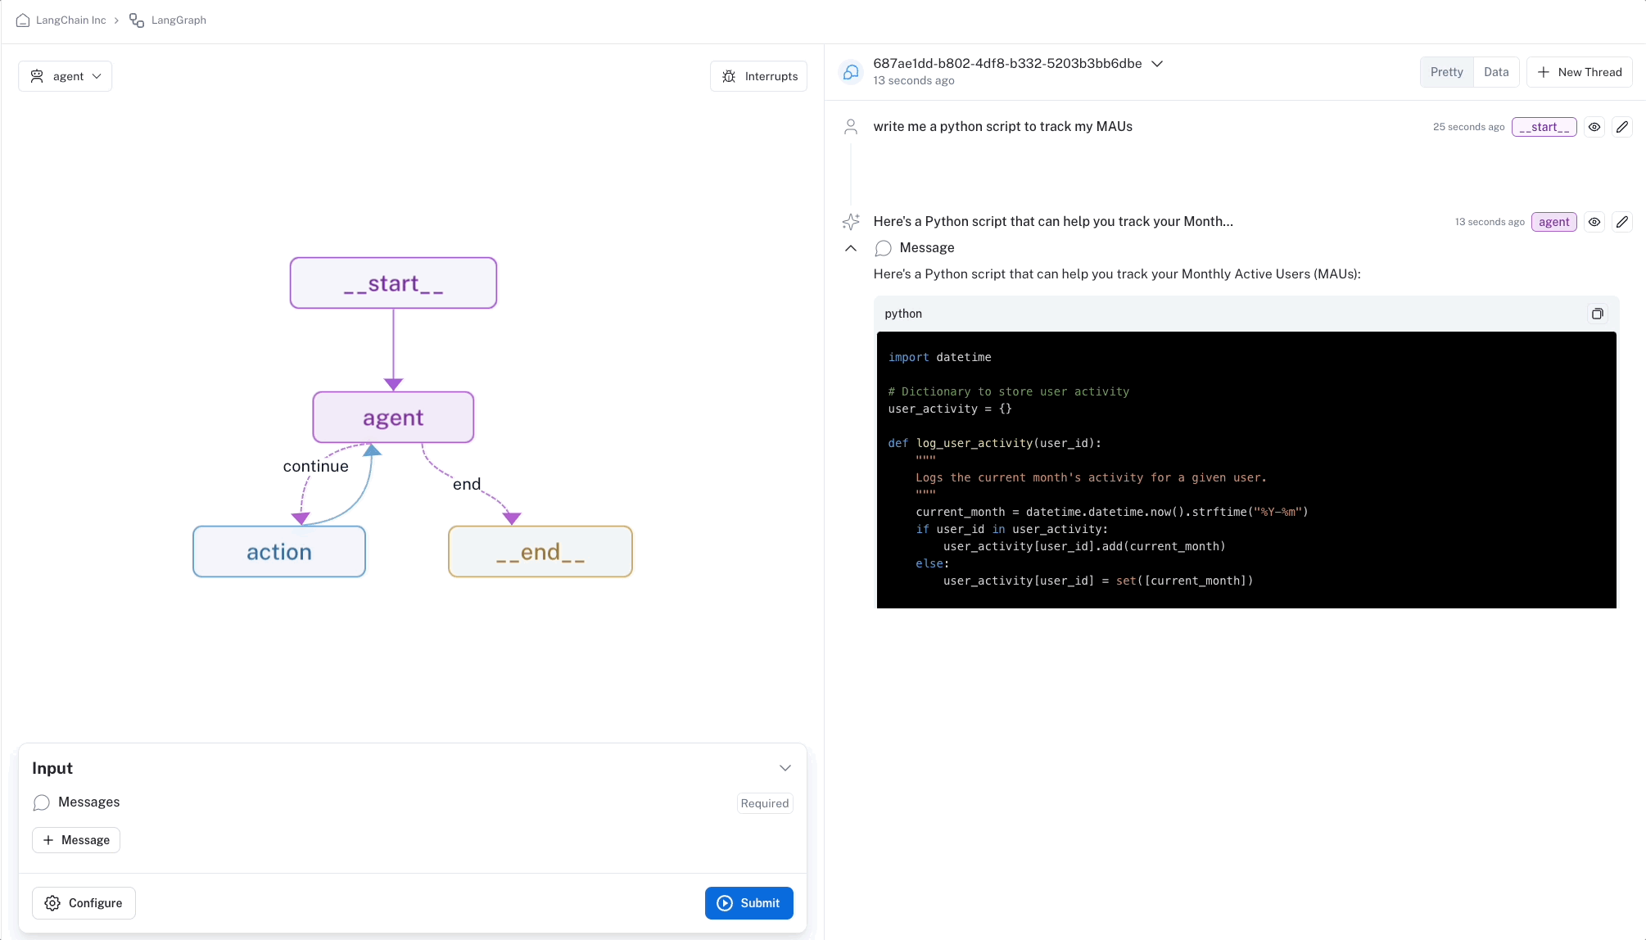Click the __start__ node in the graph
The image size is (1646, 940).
click(x=393, y=283)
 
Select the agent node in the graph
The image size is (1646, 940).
click(x=393, y=418)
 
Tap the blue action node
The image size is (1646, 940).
click(x=279, y=552)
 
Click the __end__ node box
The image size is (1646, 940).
click(x=540, y=552)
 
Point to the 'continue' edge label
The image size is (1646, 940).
click(x=316, y=466)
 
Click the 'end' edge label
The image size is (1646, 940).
click(x=467, y=484)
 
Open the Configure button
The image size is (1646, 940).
click(x=84, y=903)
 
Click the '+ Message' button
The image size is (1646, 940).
click(x=76, y=840)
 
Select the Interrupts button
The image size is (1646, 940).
click(x=759, y=76)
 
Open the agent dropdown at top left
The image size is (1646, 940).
click(x=66, y=76)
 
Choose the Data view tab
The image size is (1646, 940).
click(x=1496, y=72)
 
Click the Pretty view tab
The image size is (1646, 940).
click(x=1446, y=72)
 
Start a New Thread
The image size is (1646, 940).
click(x=1580, y=72)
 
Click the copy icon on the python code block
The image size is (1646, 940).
click(x=1597, y=314)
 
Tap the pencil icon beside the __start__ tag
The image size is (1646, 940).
click(x=1622, y=127)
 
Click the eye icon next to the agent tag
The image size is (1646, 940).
click(x=1594, y=222)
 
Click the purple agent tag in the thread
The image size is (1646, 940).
click(x=1553, y=222)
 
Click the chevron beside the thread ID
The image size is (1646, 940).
click(x=1157, y=64)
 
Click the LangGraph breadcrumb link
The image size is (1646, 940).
click(x=178, y=20)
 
